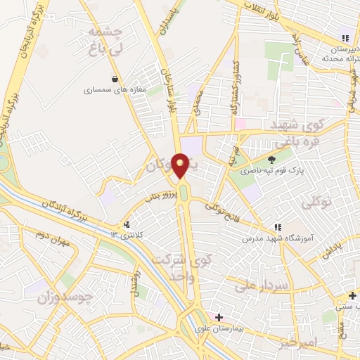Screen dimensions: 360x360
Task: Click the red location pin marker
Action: click(x=181, y=165)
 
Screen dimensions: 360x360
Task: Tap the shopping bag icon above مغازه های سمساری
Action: click(x=115, y=78)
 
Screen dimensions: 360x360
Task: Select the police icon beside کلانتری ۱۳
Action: click(x=127, y=225)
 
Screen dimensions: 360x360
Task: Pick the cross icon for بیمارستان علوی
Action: click(x=219, y=317)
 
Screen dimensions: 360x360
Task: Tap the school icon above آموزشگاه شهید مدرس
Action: click(x=278, y=228)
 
